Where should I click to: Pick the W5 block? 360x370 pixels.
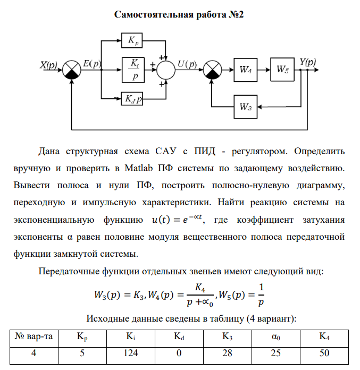286,70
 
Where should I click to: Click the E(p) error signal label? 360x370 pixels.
92,64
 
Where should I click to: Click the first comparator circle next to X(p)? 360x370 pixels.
72,70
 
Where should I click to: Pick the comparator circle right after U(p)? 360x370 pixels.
213,70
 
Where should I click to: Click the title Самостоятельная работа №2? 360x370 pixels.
179,14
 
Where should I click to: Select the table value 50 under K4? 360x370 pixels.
324,353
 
